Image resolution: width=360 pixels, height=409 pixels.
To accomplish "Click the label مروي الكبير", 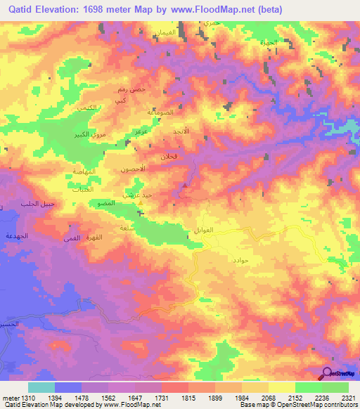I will (x=91, y=133).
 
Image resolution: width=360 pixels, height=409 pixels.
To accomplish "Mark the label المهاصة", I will (x=84, y=172).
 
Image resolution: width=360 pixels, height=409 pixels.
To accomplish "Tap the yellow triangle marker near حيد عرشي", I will (x=140, y=205).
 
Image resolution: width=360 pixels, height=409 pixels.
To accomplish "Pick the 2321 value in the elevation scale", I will (x=349, y=398).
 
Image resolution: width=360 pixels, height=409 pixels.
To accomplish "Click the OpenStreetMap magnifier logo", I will (x=328, y=373).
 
